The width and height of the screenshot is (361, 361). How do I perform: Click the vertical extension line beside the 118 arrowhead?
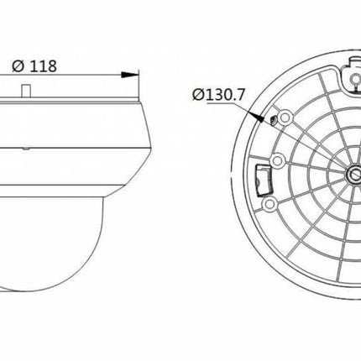pyautogui.click(x=138, y=84)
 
